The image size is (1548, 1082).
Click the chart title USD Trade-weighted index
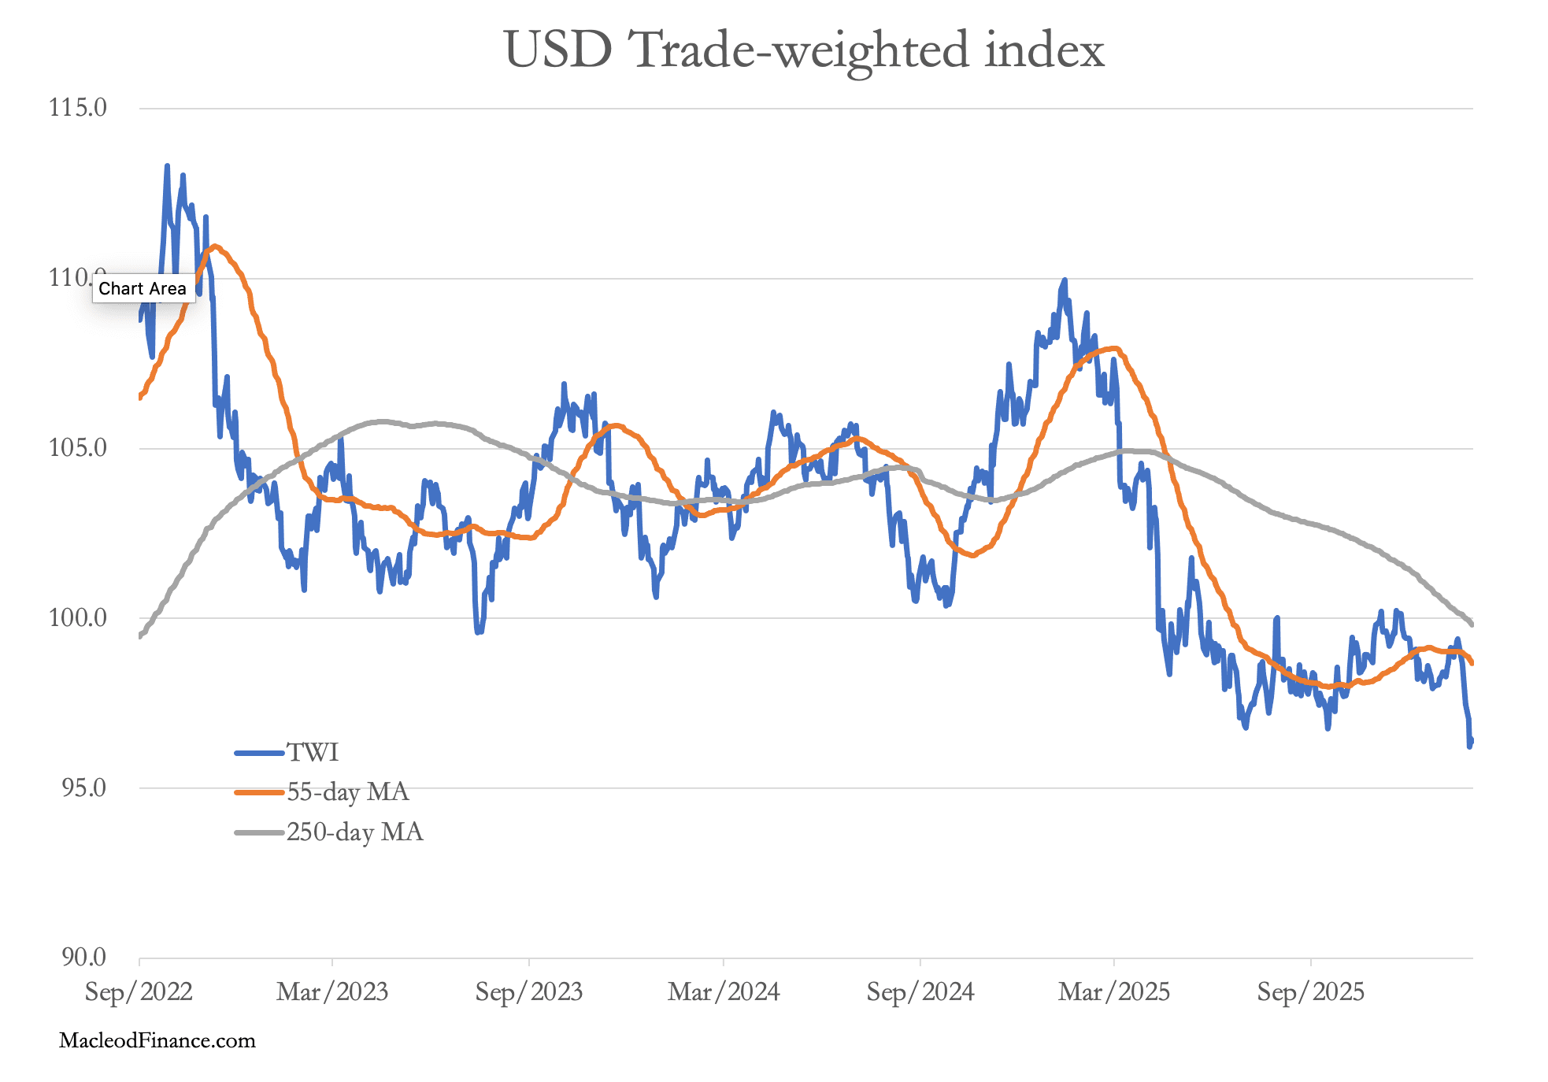pos(804,50)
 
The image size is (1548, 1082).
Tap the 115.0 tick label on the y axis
pos(78,108)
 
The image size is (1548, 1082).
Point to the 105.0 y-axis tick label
pos(78,448)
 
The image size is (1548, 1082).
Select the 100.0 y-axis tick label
pos(78,618)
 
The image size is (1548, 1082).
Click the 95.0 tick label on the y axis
pos(83,787)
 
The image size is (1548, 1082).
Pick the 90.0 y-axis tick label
pos(83,958)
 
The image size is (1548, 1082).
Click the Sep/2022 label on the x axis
pos(139,992)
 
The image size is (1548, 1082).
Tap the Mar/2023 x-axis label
pos(332,992)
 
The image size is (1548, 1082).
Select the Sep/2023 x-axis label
pos(528,992)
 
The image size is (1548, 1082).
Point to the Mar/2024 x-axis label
pos(724,992)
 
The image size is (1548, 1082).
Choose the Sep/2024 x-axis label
pos(920,992)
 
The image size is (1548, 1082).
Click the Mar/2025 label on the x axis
pos(1114,992)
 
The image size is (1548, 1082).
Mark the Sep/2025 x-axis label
pos(1310,992)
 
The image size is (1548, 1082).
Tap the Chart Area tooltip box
pos(143,289)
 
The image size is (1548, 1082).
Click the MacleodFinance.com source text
pos(157,1041)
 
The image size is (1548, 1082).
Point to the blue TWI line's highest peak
pos(167,166)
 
